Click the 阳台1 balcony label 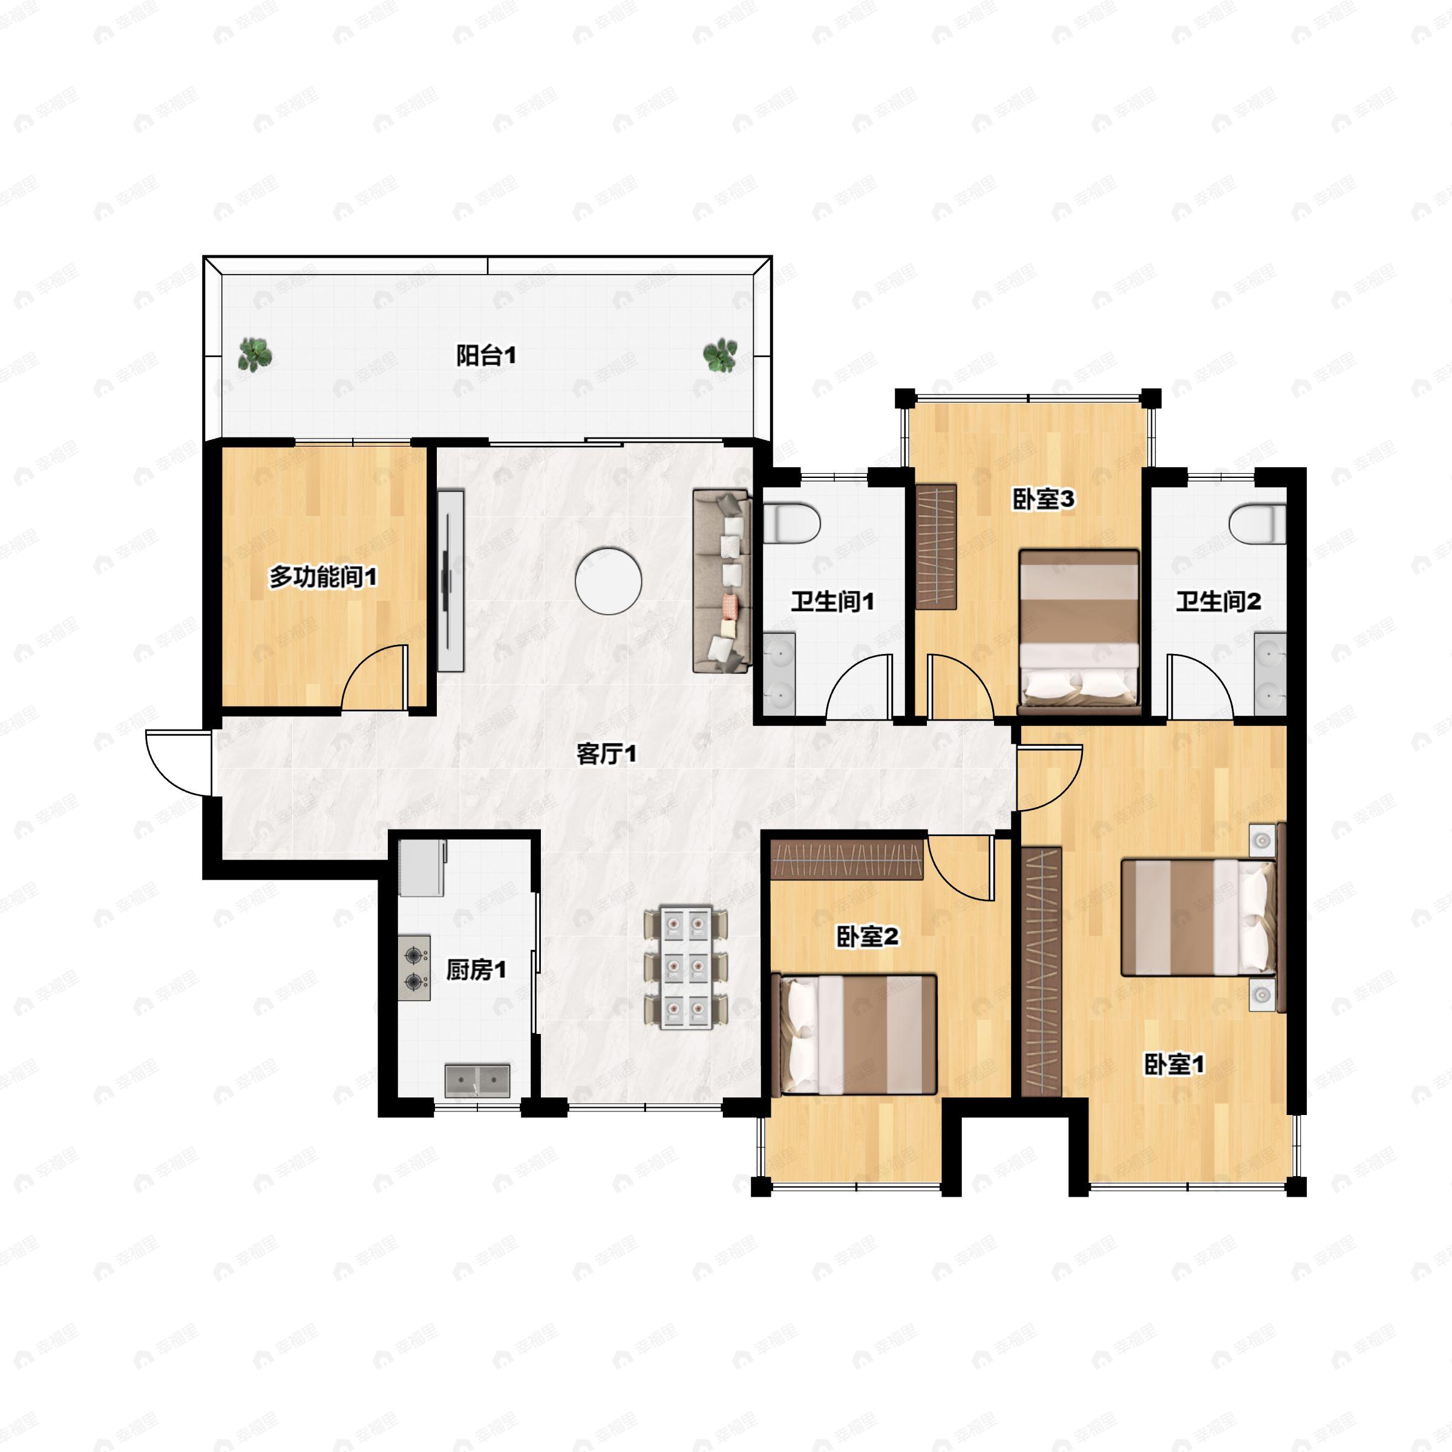tap(486, 356)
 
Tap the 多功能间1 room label tap(323, 577)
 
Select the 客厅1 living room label tap(606, 753)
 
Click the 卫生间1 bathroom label tap(832, 601)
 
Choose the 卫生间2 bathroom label tap(1218, 601)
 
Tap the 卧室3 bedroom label tap(1044, 499)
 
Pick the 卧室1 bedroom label tap(1174, 1064)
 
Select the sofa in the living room tap(722, 581)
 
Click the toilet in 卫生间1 tap(791, 524)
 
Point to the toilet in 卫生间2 tap(1257, 524)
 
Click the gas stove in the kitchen tap(414, 968)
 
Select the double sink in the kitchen tap(477, 1081)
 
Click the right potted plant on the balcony tap(720, 355)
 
